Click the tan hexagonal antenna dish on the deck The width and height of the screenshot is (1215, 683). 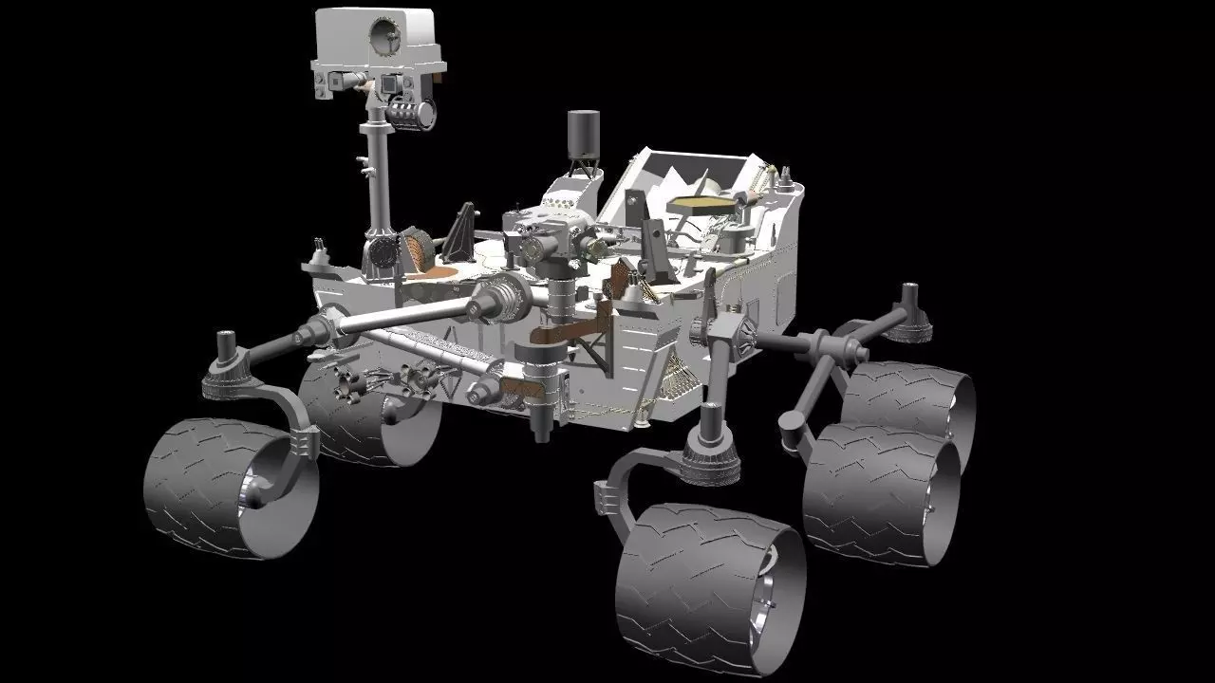[x=701, y=202]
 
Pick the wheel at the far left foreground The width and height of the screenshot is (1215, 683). [x=228, y=489]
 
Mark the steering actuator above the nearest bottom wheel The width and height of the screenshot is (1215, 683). [x=710, y=446]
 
